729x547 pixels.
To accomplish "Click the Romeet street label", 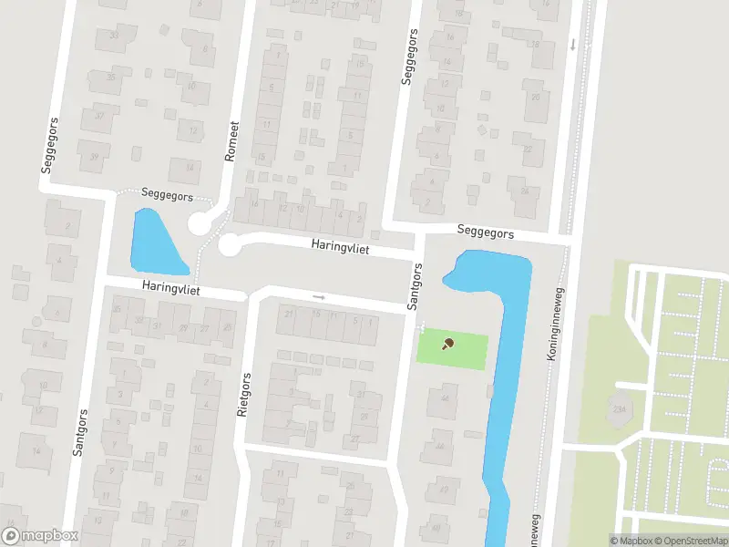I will [232, 142].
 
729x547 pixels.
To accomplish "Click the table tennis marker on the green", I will [447, 344].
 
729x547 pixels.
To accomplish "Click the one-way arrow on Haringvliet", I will [318, 296].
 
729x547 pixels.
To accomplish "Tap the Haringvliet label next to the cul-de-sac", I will [340, 246].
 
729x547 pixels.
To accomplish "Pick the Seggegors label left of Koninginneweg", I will [486, 233].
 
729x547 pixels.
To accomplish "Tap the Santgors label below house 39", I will [78, 432].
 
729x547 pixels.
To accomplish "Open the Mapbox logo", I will [40, 536].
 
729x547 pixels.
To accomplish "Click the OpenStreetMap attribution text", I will [689, 541].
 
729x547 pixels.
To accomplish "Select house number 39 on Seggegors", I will [95, 157].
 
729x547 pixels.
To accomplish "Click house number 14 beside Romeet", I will [190, 167].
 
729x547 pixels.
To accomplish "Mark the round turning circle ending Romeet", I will [200, 223].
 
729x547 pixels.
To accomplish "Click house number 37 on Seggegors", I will [99, 117].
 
